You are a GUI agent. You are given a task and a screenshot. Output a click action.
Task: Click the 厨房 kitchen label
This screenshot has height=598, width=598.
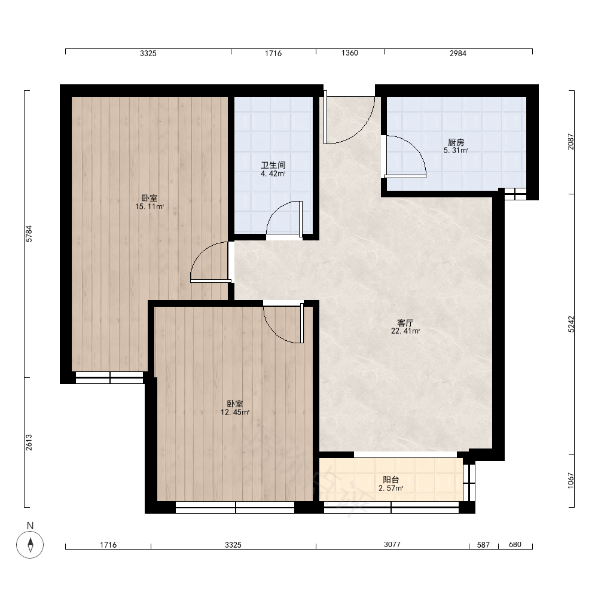[x=456, y=142]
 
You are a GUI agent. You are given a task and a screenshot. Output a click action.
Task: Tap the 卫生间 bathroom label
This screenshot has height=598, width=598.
[x=273, y=165]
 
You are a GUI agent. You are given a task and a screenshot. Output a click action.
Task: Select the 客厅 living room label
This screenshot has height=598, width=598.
[x=405, y=323]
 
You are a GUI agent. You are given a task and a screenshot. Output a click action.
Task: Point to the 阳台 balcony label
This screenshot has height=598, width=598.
[x=391, y=480]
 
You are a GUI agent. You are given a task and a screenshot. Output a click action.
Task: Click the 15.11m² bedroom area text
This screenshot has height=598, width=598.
[x=149, y=207]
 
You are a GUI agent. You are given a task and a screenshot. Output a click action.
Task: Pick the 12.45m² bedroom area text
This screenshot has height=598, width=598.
[x=235, y=412]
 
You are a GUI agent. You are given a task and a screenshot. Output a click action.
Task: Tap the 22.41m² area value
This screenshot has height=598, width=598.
[x=405, y=331]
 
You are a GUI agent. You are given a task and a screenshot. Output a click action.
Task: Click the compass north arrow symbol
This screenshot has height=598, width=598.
[x=30, y=544]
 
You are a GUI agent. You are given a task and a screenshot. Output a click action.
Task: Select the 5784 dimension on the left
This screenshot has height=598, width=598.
[x=29, y=234]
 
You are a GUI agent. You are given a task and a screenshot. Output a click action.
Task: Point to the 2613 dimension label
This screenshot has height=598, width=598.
[x=29, y=443]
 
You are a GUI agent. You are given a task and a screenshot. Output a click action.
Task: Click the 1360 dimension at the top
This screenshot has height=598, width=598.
[x=350, y=53]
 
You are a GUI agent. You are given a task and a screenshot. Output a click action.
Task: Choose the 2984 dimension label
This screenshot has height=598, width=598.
[x=457, y=53]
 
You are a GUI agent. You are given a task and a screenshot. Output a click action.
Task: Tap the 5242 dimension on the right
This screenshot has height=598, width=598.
[x=571, y=325]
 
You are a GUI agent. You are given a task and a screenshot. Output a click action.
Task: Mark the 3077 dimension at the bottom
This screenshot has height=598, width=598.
[x=392, y=545]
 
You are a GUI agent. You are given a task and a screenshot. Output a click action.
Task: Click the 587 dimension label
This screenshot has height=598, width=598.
[x=483, y=545]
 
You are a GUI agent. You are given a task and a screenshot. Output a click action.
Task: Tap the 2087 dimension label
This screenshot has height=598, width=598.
[x=571, y=142]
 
